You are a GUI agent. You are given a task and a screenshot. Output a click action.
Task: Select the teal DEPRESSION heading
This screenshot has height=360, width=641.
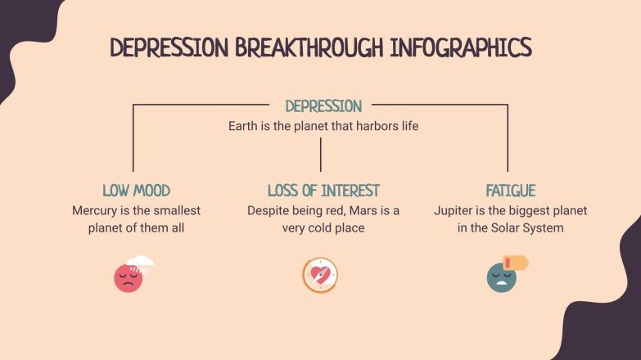323,106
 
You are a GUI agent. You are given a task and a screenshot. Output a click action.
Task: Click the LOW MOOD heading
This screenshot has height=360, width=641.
137,191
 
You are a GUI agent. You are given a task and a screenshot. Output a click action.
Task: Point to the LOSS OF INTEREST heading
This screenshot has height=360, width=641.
323,191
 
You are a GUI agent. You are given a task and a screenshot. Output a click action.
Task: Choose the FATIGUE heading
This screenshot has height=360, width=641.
510,191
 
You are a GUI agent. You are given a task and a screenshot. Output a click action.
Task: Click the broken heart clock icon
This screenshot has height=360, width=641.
320,275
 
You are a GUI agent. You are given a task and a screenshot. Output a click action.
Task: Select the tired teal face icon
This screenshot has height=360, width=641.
501,278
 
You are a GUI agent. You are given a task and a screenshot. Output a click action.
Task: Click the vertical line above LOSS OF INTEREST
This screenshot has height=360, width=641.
321,154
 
